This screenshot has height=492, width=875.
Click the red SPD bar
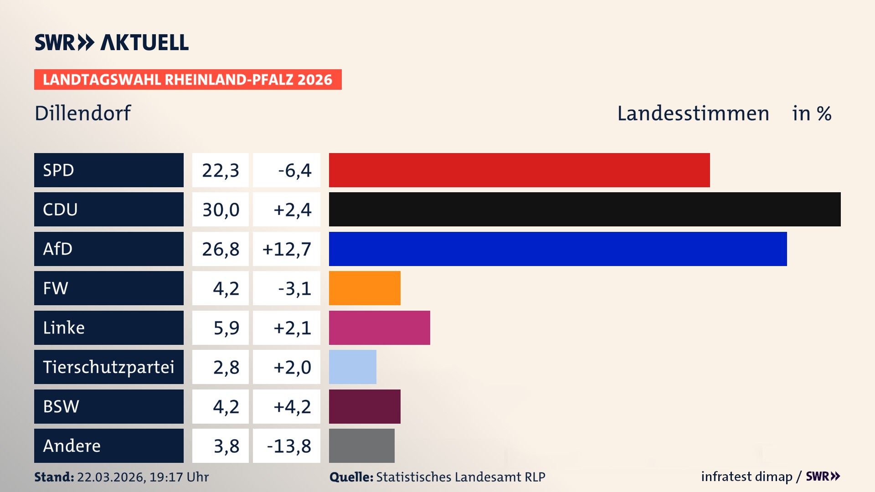[x=519, y=170]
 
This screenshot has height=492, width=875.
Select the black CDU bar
[x=584, y=210]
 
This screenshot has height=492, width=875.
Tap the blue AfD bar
[x=557, y=249]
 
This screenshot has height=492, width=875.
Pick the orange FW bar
[x=365, y=288]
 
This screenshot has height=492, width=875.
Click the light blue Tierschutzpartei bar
[x=352, y=367]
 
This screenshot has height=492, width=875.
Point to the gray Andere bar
[x=361, y=446]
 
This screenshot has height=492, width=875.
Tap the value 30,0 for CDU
[x=221, y=210]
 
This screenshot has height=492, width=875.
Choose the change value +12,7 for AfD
[x=287, y=249]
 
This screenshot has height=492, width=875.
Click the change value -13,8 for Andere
[x=288, y=446]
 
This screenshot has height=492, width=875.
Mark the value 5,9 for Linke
[x=226, y=328]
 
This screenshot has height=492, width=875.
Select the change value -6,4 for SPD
[x=294, y=170]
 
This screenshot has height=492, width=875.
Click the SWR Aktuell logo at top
[x=111, y=42]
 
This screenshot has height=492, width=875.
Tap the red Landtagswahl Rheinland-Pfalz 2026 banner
[x=187, y=79]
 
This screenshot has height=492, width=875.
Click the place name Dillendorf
[x=82, y=113]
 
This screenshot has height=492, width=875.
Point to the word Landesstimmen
[x=693, y=113]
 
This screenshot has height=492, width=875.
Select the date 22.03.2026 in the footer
[x=111, y=477]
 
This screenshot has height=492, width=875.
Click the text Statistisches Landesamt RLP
[x=460, y=477]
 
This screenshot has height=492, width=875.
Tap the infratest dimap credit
[x=746, y=477]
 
